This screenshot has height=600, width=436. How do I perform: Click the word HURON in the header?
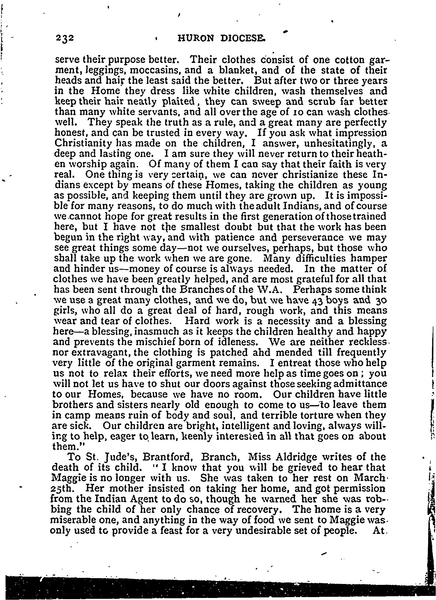click(x=195, y=38)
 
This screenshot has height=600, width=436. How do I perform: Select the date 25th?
click(x=60, y=488)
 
